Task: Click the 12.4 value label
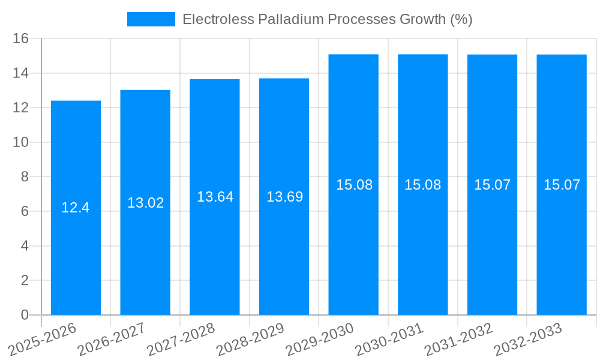76,208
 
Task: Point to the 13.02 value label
145,203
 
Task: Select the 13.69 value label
284,197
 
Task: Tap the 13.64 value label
215,197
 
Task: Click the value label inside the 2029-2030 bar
354,185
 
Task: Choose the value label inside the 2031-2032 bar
492,185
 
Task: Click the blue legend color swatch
151,19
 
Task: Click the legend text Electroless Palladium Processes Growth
327,19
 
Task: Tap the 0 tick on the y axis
25,315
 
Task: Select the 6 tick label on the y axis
25,211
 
